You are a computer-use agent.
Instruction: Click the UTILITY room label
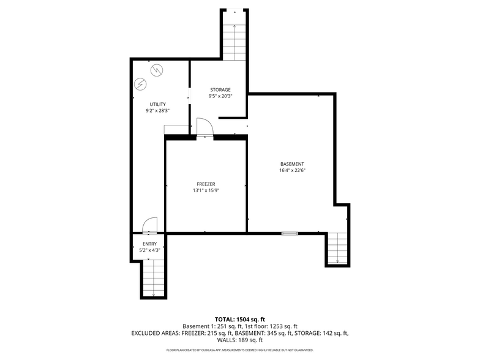coord(158,104)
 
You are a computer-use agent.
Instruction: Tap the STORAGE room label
coord(220,89)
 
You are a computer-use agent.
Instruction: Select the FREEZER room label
coord(206,184)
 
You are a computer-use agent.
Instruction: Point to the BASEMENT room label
coord(293,164)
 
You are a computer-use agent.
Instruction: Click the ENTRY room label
coord(149,244)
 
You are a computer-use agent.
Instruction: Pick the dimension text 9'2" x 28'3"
coord(158,111)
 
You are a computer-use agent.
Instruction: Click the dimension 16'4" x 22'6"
coord(293,170)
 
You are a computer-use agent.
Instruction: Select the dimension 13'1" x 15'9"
coord(206,190)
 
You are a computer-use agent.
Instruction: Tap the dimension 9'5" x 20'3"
coord(220,96)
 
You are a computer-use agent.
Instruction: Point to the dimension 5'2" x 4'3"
coord(149,250)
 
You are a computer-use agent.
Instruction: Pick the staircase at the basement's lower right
coord(338,248)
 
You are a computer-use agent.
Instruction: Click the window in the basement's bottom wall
coord(290,234)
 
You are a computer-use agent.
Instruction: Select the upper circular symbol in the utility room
coord(157,70)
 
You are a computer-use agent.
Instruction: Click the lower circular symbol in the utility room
coord(141,83)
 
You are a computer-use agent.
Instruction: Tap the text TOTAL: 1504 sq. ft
coord(240,320)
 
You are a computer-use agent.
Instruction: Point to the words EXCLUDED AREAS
coord(156,333)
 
